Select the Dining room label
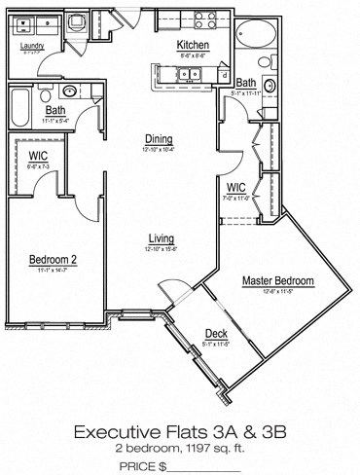click(x=159, y=138)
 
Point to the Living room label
click(x=161, y=237)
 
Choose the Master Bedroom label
click(x=277, y=281)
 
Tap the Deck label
click(x=215, y=332)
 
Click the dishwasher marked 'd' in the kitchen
click(x=225, y=74)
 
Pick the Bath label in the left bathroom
click(x=54, y=111)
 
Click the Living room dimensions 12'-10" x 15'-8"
click(x=161, y=248)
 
